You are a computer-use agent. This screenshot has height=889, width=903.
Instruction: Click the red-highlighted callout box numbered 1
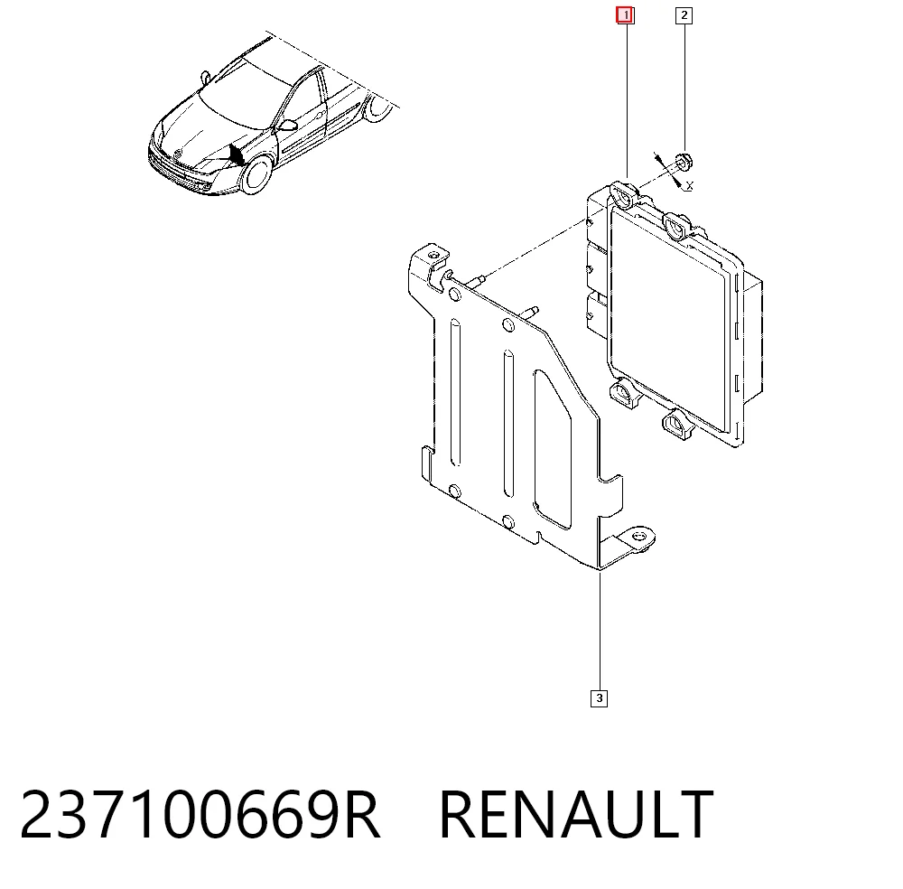625,15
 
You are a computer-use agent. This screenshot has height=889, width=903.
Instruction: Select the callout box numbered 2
684,15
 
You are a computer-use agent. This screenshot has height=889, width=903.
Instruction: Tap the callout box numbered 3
599,698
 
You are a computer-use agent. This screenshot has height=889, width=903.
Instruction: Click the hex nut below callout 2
683,162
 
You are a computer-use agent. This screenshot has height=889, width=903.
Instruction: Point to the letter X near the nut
690,185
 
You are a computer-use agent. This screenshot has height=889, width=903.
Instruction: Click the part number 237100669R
200,815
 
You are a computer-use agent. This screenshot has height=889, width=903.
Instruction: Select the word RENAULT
576,815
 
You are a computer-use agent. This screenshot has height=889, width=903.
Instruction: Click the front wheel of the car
256,175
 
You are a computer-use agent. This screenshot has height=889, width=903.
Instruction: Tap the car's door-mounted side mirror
286,125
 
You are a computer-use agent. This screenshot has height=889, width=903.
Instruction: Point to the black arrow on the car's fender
236,154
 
